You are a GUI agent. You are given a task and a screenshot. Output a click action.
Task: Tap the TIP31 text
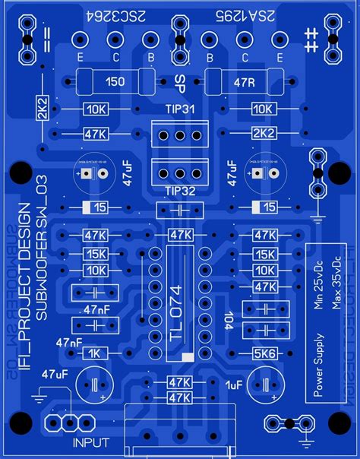(x=179, y=110)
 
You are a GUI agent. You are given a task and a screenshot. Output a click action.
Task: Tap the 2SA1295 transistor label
(x=242, y=17)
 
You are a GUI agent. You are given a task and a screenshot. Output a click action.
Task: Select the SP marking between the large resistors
(x=180, y=81)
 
